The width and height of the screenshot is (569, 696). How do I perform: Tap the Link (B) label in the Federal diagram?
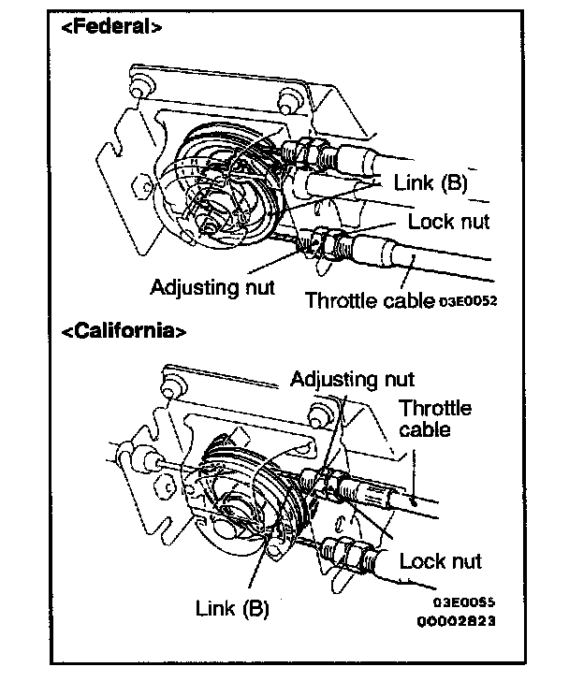(431, 182)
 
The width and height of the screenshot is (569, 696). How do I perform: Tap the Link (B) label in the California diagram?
(232, 607)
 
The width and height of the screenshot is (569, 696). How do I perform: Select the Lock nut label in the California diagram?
(440, 560)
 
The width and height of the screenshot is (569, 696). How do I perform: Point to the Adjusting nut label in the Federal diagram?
(212, 286)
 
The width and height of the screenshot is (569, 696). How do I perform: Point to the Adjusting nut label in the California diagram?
(352, 379)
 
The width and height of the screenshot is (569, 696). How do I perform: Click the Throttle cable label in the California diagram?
(435, 418)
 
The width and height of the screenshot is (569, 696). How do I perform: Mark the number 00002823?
(459, 620)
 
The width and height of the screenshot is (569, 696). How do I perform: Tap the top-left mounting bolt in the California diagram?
(172, 381)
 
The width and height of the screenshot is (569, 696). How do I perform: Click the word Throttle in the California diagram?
(435, 408)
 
